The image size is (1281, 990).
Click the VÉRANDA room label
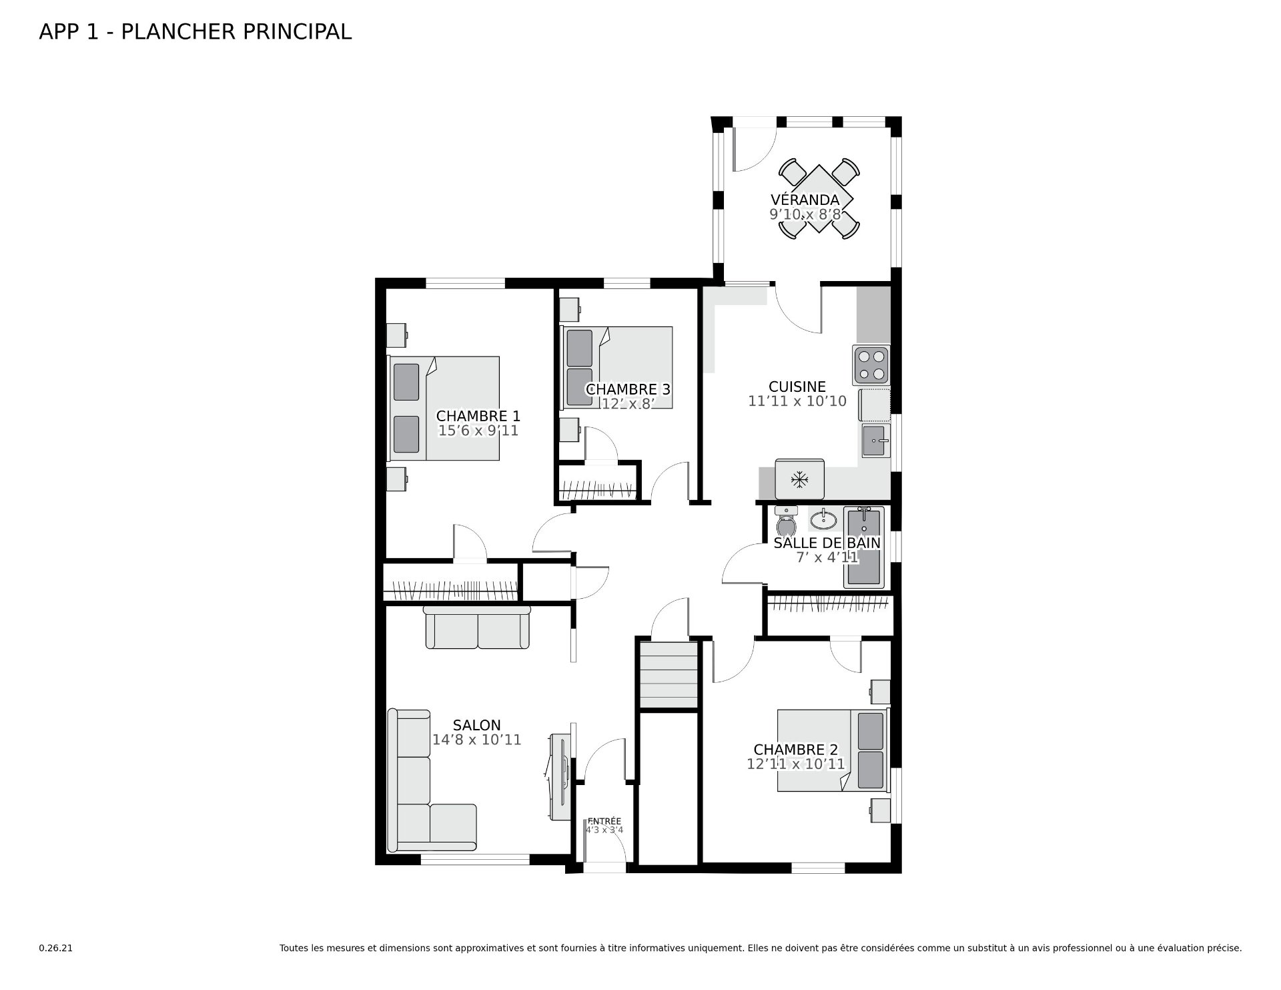(x=805, y=200)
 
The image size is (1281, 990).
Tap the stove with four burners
(x=871, y=364)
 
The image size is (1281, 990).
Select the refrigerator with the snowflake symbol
(x=799, y=479)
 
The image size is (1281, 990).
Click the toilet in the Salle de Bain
(x=787, y=521)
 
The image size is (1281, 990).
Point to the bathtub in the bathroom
(x=864, y=547)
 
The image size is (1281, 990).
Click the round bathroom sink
(x=824, y=518)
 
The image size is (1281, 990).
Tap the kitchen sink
(x=875, y=441)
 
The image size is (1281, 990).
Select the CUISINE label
(x=797, y=387)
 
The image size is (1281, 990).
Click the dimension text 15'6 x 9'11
(x=478, y=431)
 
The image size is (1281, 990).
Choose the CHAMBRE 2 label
(x=796, y=750)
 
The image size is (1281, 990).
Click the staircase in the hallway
(x=669, y=674)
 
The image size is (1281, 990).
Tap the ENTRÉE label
(x=604, y=821)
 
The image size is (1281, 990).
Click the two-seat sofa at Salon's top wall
(x=478, y=628)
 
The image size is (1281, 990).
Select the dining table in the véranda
(x=819, y=199)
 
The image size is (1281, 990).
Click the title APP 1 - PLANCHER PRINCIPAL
(x=195, y=31)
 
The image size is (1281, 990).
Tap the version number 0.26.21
(x=55, y=948)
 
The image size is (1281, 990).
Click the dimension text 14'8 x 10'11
(x=476, y=740)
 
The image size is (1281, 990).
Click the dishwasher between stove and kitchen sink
(x=874, y=405)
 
